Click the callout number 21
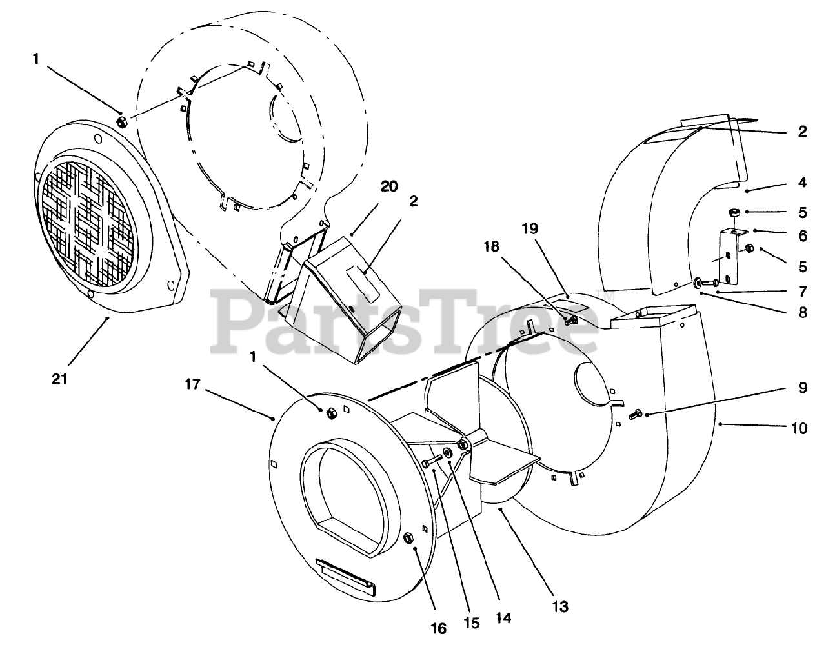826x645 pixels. (x=59, y=379)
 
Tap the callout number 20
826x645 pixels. (x=388, y=187)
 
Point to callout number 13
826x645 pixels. (x=561, y=606)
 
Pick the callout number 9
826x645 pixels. (x=800, y=389)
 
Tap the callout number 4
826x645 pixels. (x=802, y=183)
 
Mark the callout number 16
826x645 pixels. (x=439, y=629)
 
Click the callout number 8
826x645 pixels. (x=802, y=313)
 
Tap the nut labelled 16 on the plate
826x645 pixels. (x=408, y=539)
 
